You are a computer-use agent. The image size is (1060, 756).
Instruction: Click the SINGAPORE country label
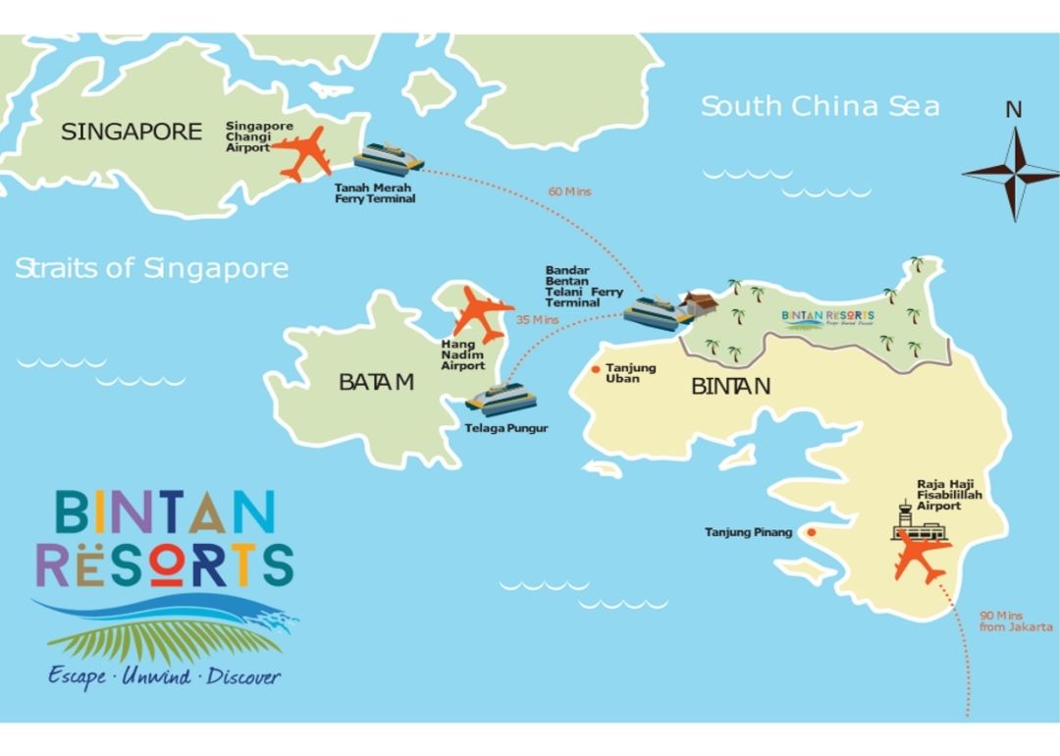[132, 132]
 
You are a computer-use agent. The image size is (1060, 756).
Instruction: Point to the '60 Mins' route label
[570, 191]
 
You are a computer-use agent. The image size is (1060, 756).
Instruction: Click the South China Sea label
[820, 106]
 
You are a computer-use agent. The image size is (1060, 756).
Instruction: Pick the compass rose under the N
[1012, 174]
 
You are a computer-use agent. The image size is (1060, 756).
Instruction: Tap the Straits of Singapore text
[151, 268]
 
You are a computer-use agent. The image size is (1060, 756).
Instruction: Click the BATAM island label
[376, 382]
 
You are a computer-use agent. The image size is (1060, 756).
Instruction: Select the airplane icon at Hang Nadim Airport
[481, 313]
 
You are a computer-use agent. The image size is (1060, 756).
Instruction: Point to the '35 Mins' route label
[537, 320]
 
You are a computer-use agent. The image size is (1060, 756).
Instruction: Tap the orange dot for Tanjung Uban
[596, 370]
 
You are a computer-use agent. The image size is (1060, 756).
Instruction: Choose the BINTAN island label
[730, 386]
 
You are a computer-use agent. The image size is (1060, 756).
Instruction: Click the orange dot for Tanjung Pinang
[812, 532]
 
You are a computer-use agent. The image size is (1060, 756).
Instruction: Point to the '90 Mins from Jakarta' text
[1015, 621]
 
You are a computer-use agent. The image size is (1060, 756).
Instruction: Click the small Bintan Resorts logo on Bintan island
[827, 316]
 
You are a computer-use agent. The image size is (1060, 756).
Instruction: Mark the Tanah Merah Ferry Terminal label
[375, 193]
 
